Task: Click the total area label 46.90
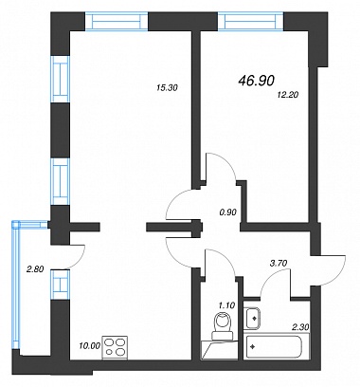point(257,81)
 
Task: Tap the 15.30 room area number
point(168,88)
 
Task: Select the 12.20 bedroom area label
point(287,94)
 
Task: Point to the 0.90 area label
point(227,212)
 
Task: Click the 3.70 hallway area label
point(279,263)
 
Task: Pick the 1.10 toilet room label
point(226,305)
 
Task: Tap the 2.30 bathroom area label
point(301,327)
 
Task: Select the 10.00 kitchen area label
point(90,345)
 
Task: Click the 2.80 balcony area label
point(35,269)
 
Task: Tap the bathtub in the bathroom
point(274,347)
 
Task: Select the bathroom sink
point(252,319)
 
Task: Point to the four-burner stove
point(115,347)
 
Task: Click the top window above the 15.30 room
point(117,21)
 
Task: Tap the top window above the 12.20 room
point(251,21)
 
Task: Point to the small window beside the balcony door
point(61,285)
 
